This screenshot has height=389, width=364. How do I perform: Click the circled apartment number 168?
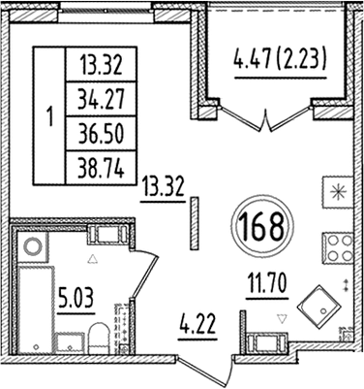pyautogui.click(x=259, y=230)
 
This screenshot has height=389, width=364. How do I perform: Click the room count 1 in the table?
pyautogui.click(x=49, y=115)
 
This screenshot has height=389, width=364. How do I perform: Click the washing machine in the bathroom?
pyautogui.click(x=34, y=246)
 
